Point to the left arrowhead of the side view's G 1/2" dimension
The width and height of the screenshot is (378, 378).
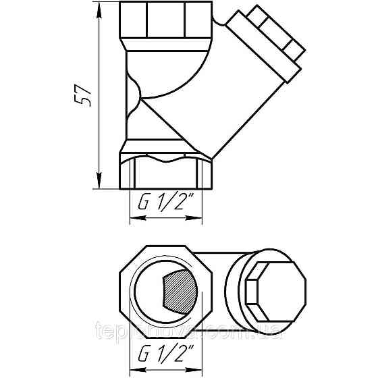(132, 218)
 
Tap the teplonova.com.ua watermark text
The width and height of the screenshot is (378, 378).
(189, 330)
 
